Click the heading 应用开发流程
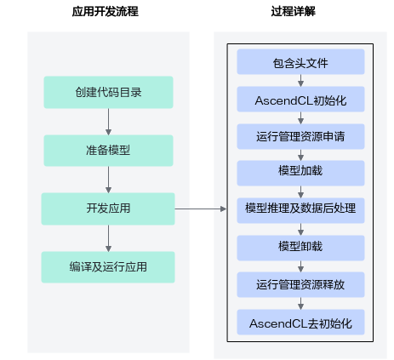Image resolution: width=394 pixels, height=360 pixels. (x=106, y=12)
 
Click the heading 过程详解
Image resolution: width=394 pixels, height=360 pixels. (x=294, y=12)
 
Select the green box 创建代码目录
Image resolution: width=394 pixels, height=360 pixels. (x=108, y=92)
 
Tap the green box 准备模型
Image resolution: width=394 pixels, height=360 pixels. (x=108, y=151)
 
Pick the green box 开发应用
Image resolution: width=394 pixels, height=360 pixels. (x=108, y=209)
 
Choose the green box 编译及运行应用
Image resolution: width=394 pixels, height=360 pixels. (x=108, y=267)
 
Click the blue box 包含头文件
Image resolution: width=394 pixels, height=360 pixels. (x=300, y=61)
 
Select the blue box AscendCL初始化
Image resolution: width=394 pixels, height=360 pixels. (x=300, y=99)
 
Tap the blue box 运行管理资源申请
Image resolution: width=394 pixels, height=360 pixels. (x=300, y=136)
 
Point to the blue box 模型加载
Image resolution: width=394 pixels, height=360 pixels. (x=300, y=173)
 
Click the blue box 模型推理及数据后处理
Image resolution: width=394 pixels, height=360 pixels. (x=300, y=210)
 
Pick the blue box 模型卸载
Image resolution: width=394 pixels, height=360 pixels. (x=300, y=248)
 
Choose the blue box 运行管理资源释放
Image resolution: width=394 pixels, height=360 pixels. (x=300, y=284)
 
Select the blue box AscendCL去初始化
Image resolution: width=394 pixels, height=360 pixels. (x=300, y=322)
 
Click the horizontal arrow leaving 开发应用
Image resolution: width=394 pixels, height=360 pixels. (x=201, y=209)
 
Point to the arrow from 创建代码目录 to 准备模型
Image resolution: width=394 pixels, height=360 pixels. (x=108, y=122)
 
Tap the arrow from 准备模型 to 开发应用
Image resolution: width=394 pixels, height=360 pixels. (x=108, y=180)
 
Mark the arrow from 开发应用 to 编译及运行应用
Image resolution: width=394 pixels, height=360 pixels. (x=108, y=238)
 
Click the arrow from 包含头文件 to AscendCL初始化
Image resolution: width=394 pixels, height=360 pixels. (x=301, y=80)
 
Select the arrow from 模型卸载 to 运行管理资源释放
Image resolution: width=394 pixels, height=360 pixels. (x=301, y=266)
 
